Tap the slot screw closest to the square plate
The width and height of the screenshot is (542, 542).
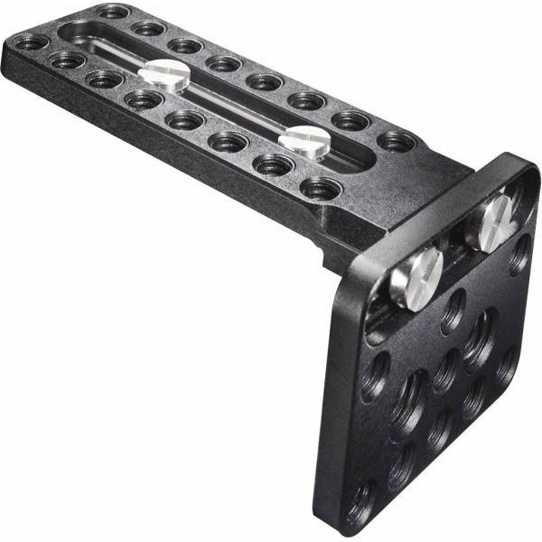pos(304,140)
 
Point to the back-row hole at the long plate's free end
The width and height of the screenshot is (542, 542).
pos(112,12)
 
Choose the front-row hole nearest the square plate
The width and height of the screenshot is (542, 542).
pos(322,188)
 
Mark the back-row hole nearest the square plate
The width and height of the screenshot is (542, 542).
pos(397,141)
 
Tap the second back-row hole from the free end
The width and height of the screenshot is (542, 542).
pos(149,29)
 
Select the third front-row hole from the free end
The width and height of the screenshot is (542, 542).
pos(106,79)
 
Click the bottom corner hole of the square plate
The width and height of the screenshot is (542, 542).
pos(363,500)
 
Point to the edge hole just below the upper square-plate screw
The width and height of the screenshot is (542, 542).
pos(519,255)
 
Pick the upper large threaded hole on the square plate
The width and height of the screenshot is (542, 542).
pos(479,339)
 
